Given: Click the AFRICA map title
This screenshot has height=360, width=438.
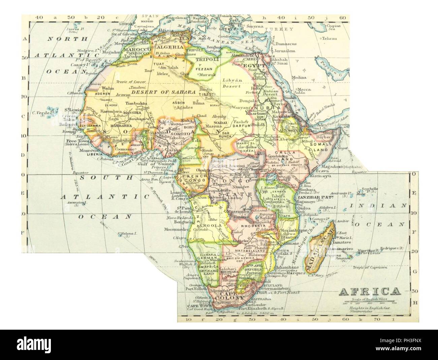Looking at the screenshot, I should pos(369,291).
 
